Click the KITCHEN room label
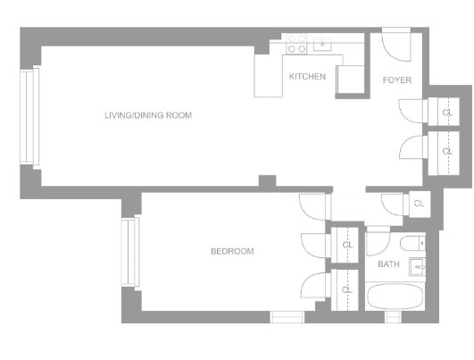(x=307, y=76)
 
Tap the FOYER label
(x=397, y=80)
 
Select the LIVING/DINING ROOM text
(x=148, y=115)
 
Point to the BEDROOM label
(x=232, y=251)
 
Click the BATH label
(x=388, y=264)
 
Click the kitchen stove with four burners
(x=296, y=44)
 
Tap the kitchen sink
(x=322, y=45)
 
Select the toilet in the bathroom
(x=413, y=243)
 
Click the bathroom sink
(x=418, y=267)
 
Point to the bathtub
(x=395, y=297)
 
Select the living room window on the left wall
(x=29, y=116)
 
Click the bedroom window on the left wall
(x=130, y=252)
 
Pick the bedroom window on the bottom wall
(x=287, y=317)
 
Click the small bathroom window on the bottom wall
(x=393, y=317)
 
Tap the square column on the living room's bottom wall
(x=268, y=180)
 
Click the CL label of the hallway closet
(x=419, y=204)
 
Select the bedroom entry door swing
(x=313, y=207)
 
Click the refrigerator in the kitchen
(x=350, y=80)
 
